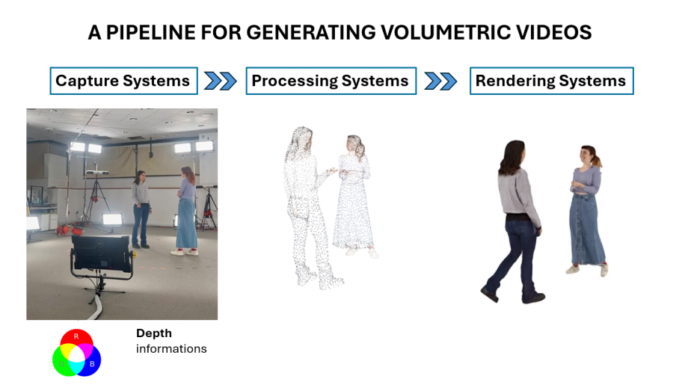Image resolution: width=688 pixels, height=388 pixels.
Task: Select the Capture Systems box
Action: point(123,81)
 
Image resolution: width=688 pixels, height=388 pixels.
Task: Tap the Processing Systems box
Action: point(331,81)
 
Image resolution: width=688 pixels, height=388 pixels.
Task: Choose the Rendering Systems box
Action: point(552,81)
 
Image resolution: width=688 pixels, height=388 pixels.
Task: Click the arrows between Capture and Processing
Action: point(221,81)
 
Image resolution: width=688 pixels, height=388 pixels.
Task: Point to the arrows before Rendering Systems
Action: point(440,81)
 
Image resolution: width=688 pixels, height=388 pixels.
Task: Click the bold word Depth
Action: point(154,333)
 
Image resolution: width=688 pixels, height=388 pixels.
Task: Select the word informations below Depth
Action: point(171,349)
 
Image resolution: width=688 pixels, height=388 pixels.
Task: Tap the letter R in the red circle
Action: point(76,336)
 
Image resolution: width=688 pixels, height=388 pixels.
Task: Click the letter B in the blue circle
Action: point(92,364)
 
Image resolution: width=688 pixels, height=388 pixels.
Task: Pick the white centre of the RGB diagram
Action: point(77,355)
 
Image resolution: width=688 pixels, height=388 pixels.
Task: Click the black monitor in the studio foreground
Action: point(102,255)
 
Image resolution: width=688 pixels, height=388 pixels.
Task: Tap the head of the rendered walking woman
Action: point(513,155)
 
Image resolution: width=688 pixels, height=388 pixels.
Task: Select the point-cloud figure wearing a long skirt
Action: point(354,196)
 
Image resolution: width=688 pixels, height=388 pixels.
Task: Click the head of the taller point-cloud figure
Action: point(302,139)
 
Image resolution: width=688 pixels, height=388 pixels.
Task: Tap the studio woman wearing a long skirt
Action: point(187,211)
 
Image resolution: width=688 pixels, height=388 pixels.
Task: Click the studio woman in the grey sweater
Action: point(141,209)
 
